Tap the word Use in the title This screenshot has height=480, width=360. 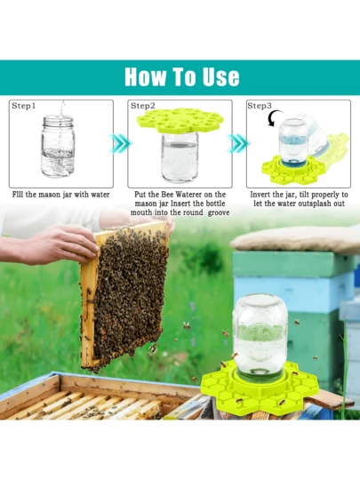[219, 76]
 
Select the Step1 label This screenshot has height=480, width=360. [24, 106]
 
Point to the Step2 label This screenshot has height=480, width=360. [142, 106]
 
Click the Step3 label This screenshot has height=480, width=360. [260, 106]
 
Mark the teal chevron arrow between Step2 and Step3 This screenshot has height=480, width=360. [237, 143]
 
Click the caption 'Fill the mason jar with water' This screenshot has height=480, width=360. [61, 194]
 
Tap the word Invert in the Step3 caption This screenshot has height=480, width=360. [261, 194]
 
